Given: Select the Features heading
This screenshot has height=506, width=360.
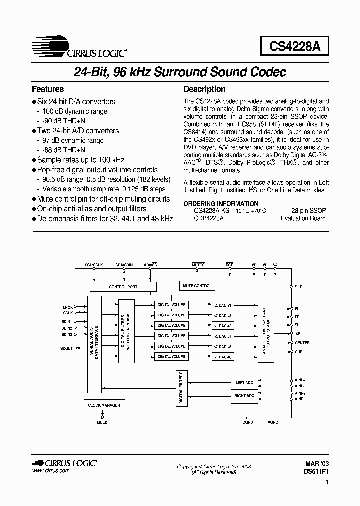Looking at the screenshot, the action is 48,89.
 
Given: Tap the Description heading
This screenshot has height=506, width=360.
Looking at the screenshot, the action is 205,89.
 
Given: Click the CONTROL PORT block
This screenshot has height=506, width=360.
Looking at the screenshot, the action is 123,287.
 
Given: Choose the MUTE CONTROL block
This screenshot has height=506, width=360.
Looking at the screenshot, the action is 197,286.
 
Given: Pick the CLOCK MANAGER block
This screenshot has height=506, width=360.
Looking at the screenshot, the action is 104,405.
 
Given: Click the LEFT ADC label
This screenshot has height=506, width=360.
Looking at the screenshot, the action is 244,382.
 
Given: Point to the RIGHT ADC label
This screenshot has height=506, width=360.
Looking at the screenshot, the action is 244,396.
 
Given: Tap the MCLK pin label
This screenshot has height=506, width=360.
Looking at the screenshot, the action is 102,422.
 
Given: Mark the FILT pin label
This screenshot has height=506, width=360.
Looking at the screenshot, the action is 299,287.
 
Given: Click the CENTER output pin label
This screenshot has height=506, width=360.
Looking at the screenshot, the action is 302,343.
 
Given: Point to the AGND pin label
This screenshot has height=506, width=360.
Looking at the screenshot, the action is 273,422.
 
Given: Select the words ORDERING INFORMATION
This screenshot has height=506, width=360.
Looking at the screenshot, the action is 221,204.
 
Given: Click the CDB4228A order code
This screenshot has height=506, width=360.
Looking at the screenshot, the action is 209,218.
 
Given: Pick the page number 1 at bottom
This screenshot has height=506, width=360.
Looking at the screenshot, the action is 327,483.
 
